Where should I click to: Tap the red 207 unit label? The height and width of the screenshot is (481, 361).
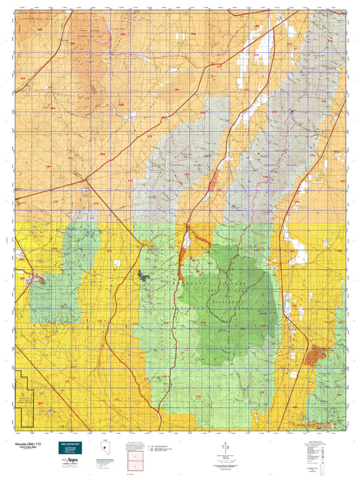(x=41, y=404)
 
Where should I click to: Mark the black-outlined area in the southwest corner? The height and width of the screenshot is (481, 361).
(x=26, y=399)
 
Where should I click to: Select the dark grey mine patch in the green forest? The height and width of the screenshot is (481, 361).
(x=143, y=274)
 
